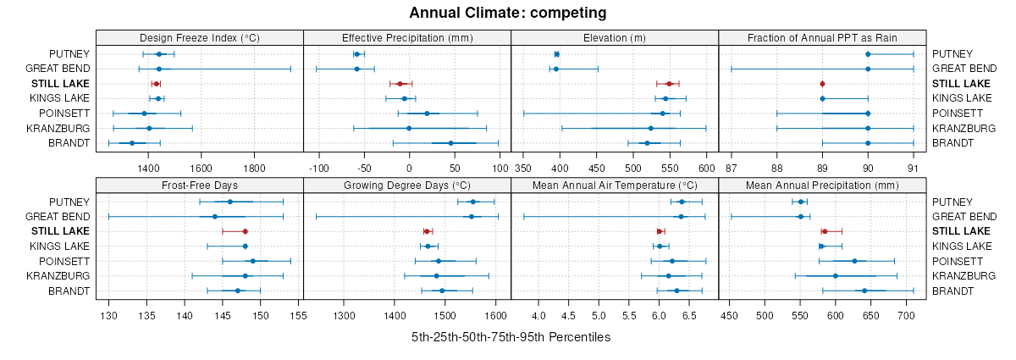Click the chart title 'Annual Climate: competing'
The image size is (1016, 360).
point(508,13)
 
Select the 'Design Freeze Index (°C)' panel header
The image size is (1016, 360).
point(200,37)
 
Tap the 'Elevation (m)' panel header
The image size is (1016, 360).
point(615,37)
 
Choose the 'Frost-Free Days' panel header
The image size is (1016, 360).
point(200,185)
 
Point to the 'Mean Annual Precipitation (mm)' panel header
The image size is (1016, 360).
point(822,185)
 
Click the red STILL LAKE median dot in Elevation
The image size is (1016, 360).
point(669,84)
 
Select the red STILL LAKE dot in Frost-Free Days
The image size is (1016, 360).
point(246,231)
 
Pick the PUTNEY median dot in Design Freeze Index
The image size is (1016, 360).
point(159,54)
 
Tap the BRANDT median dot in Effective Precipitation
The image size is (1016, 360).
point(450,143)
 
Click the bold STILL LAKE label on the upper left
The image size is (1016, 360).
point(60,84)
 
